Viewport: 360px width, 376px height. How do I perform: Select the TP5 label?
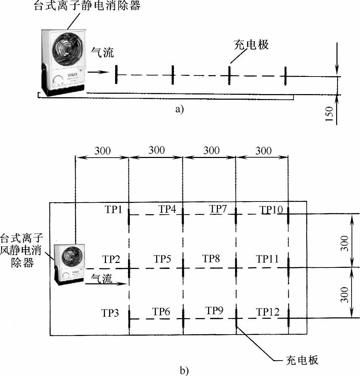click(x=162, y=259)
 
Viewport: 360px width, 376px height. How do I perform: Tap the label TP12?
click(x=267, y=312)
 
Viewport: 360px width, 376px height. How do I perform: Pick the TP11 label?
click(x=267, y=259)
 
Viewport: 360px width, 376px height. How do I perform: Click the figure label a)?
click(x=179, y=109)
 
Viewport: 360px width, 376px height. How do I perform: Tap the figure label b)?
click(x=184, y=370)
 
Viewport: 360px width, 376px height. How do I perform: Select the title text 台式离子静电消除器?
click(x=87, y=6)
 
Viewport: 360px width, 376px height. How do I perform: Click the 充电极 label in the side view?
click(x=251, y=45)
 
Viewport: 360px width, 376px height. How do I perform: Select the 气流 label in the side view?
click(x=102, y=53)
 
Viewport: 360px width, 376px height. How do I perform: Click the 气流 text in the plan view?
click(x=102, y=279)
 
